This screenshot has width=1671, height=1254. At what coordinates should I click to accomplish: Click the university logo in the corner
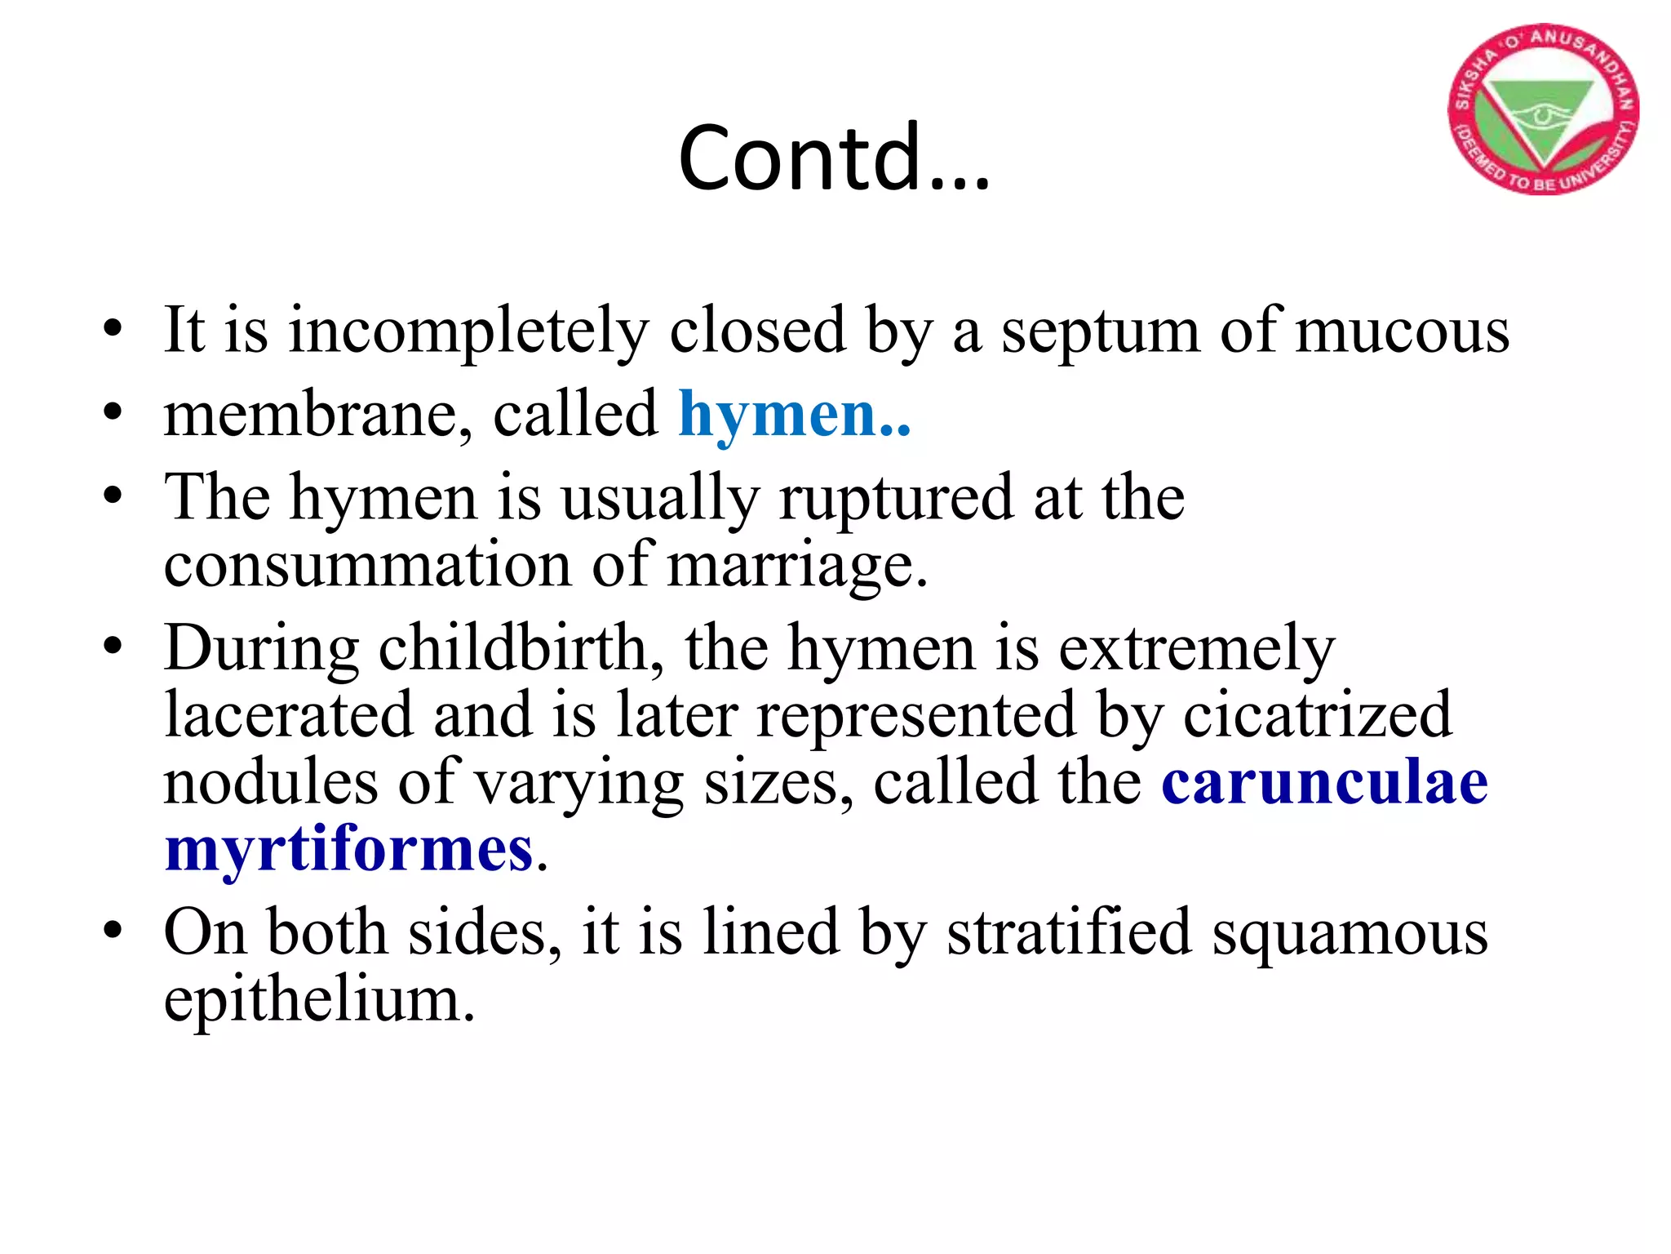pyautogui.click(x=1543, y=109)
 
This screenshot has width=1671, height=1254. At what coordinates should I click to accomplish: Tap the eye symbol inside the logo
pyautogui.click(x=1540, y=115)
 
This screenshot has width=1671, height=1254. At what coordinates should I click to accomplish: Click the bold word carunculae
pyautogui.click(x=1324, y=782)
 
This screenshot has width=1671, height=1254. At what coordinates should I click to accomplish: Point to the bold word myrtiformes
pyautogui.click(x=349, y=849)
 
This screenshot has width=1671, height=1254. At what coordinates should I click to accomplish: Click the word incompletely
pyautogui.click(x=468, y=331)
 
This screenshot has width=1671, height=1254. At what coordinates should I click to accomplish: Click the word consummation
pyautogui.click(x=367, y=565)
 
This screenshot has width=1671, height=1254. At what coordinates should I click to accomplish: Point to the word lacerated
pyautogui.click(x=288, y=715)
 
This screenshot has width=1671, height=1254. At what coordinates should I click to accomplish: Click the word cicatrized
pyautogui.click(x=1317, y=715)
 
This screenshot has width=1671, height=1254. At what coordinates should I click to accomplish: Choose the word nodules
pyautogui.click(x=270, y=782)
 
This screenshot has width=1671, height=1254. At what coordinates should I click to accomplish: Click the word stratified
pyautogui.click(x=1069, y=932)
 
